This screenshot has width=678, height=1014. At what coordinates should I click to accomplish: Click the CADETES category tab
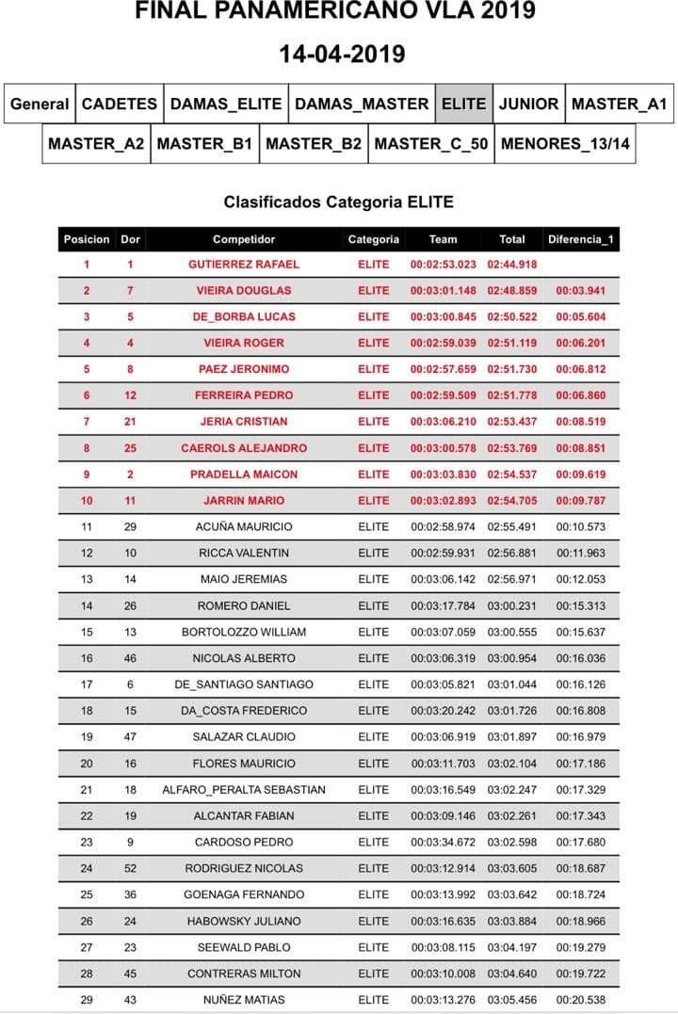[120, 105]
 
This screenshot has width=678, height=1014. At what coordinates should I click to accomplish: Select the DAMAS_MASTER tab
[362, 105]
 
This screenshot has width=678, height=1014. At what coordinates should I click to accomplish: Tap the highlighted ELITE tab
[464, 105]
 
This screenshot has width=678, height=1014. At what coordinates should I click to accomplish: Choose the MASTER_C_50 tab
[431, 144]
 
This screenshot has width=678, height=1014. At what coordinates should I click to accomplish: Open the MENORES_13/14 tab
[565, 144]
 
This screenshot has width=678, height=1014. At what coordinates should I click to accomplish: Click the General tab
[40, 105]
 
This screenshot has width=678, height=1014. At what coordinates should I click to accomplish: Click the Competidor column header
[244, 239]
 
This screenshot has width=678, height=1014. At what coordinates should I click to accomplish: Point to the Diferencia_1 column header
[581, 239]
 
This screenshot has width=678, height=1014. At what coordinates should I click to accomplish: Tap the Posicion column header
[87, 239]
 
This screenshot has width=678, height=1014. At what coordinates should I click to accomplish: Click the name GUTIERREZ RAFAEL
[244, 265]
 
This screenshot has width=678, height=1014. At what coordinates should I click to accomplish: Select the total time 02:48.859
[512, 291]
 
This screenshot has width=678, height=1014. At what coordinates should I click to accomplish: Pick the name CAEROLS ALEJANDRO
[244, 448]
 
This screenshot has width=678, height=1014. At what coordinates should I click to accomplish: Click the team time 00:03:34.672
[444, 842]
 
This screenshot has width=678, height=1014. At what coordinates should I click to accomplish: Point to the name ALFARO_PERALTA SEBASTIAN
[244, 790]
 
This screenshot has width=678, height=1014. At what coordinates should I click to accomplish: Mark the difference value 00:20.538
[581, 1000]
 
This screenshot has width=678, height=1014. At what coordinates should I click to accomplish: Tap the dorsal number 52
[131, 868]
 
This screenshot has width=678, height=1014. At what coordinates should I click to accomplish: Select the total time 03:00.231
[512, 605]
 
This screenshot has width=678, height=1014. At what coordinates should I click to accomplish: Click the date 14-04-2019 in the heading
[342, 54]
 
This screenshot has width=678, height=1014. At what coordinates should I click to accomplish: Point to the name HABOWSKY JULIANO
[244, 921]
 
